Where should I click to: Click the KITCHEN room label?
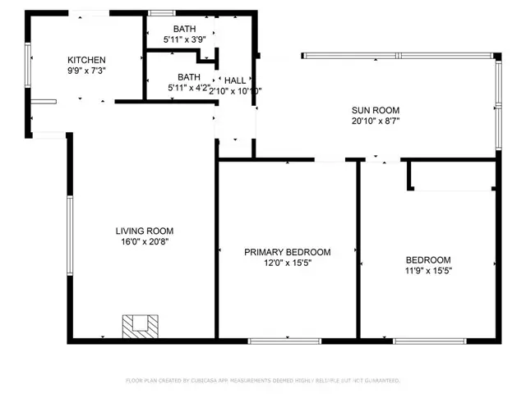(86, 60)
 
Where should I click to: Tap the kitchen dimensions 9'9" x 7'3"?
(86, 71)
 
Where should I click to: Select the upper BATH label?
(173, 28)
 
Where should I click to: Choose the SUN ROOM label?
(375, 110)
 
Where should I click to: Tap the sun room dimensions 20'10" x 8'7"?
(375, 121)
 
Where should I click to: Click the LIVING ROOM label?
(144, 231)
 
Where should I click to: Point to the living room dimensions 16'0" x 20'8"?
(144, 242)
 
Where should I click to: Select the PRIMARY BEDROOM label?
(287, 252)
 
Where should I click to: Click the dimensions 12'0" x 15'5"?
(287, 263)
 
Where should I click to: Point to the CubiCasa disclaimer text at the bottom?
(263, 381)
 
